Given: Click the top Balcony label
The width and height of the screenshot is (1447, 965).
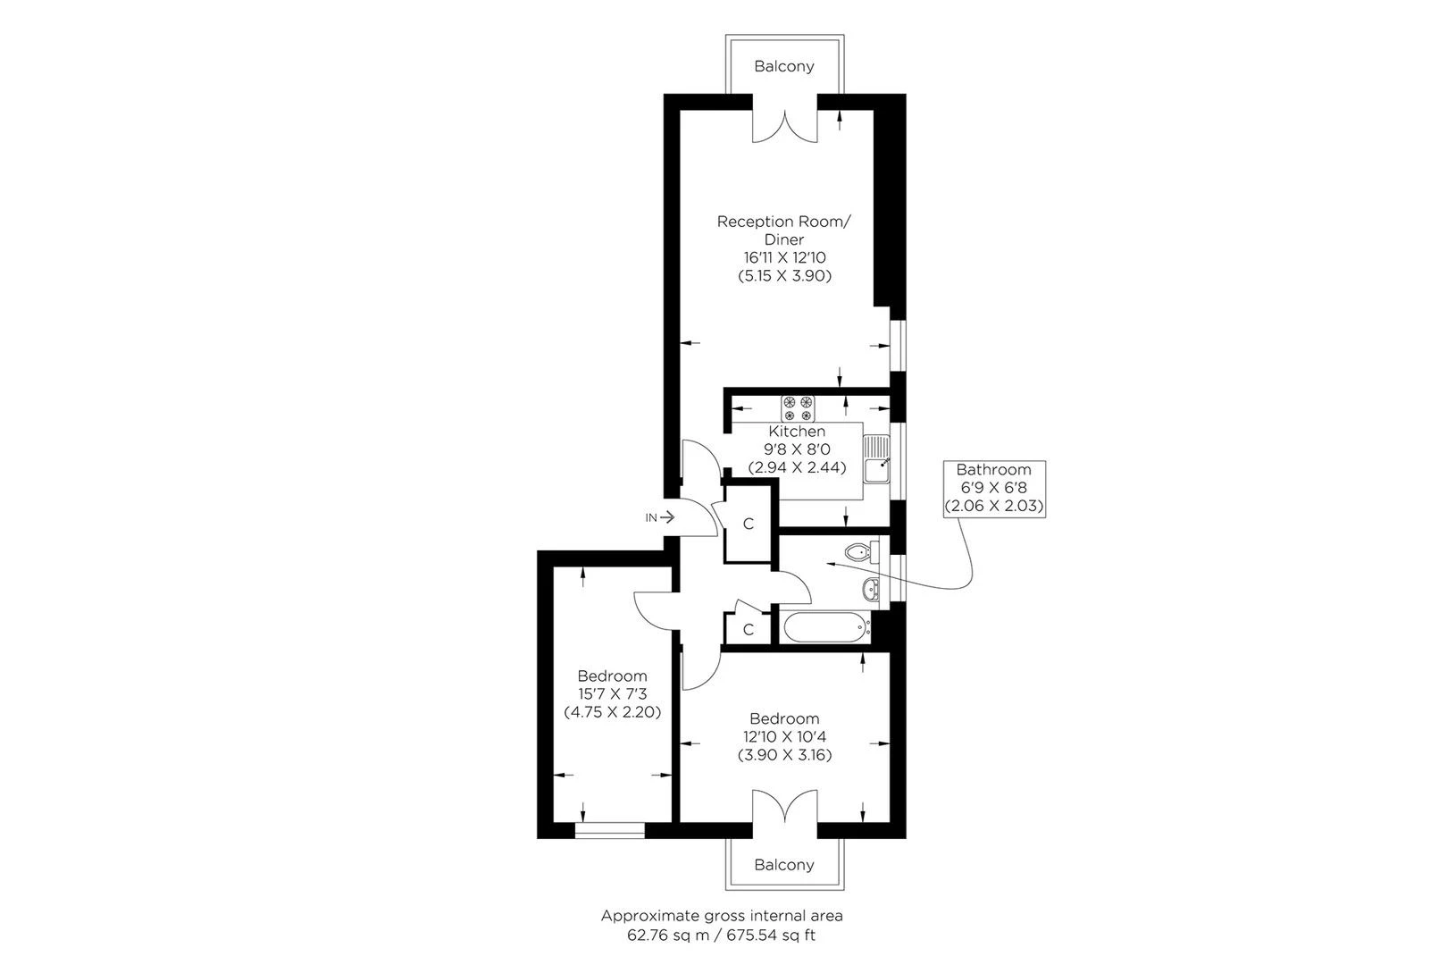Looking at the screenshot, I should (784, 66).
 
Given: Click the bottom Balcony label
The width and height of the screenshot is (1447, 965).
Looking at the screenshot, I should (784, 865).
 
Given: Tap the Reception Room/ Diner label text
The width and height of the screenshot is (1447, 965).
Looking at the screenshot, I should (784, 231).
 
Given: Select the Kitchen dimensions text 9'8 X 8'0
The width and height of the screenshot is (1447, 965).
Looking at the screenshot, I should (797, 449).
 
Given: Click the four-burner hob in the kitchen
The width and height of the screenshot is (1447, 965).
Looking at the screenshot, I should (798, 408).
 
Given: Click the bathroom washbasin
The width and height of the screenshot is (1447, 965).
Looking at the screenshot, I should (871, 588).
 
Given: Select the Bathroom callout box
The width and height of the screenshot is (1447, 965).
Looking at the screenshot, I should (993, 488).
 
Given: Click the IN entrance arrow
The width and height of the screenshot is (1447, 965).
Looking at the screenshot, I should (660, 517).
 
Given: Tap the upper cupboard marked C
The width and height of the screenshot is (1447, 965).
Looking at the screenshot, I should (749, 524).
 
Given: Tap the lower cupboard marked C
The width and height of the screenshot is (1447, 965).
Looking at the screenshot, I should (749, 630).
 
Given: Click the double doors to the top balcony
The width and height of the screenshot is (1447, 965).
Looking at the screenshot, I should (784, 125).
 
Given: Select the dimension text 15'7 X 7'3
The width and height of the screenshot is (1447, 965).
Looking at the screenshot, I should (612, 694).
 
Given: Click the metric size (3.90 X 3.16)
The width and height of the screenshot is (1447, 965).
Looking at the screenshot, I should (784, 755).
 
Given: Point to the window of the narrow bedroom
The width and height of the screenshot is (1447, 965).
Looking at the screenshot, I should (609, 831).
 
